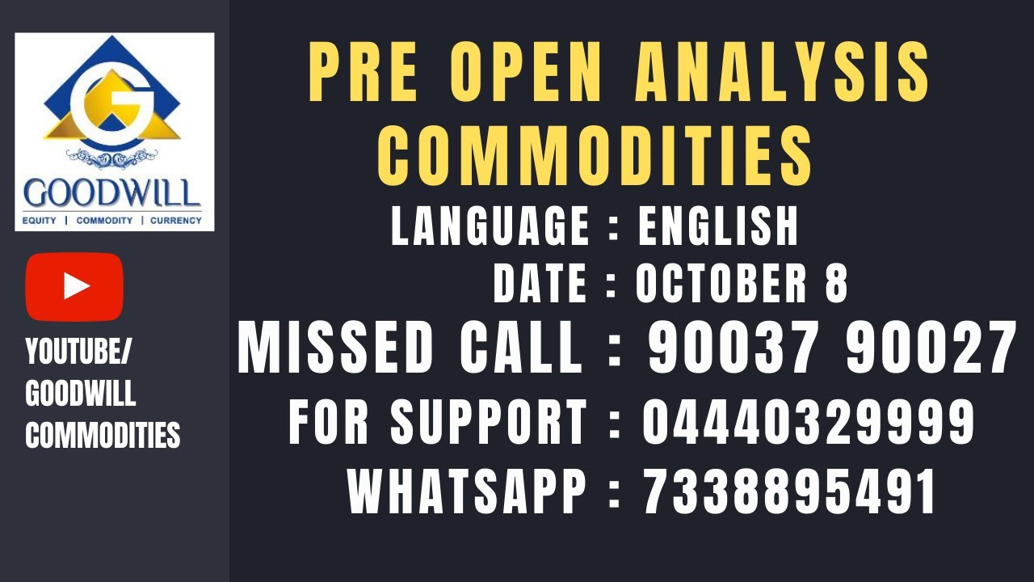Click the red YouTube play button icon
click(74, 286)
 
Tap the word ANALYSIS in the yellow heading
click(782, 74)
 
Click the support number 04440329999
click(809, 422)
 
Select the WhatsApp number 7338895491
click(789, 492)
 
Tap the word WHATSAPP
click(468, 492)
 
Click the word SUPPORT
click(489, 422)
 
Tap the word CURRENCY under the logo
click(175, 220)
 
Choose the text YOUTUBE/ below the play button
click(79, 352)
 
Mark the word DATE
click(540, 284)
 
